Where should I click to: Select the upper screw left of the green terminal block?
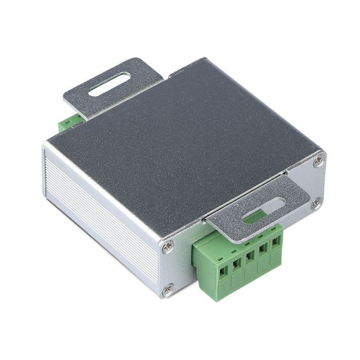(168, 248)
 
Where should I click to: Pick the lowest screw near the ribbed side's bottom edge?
(168, 290)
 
